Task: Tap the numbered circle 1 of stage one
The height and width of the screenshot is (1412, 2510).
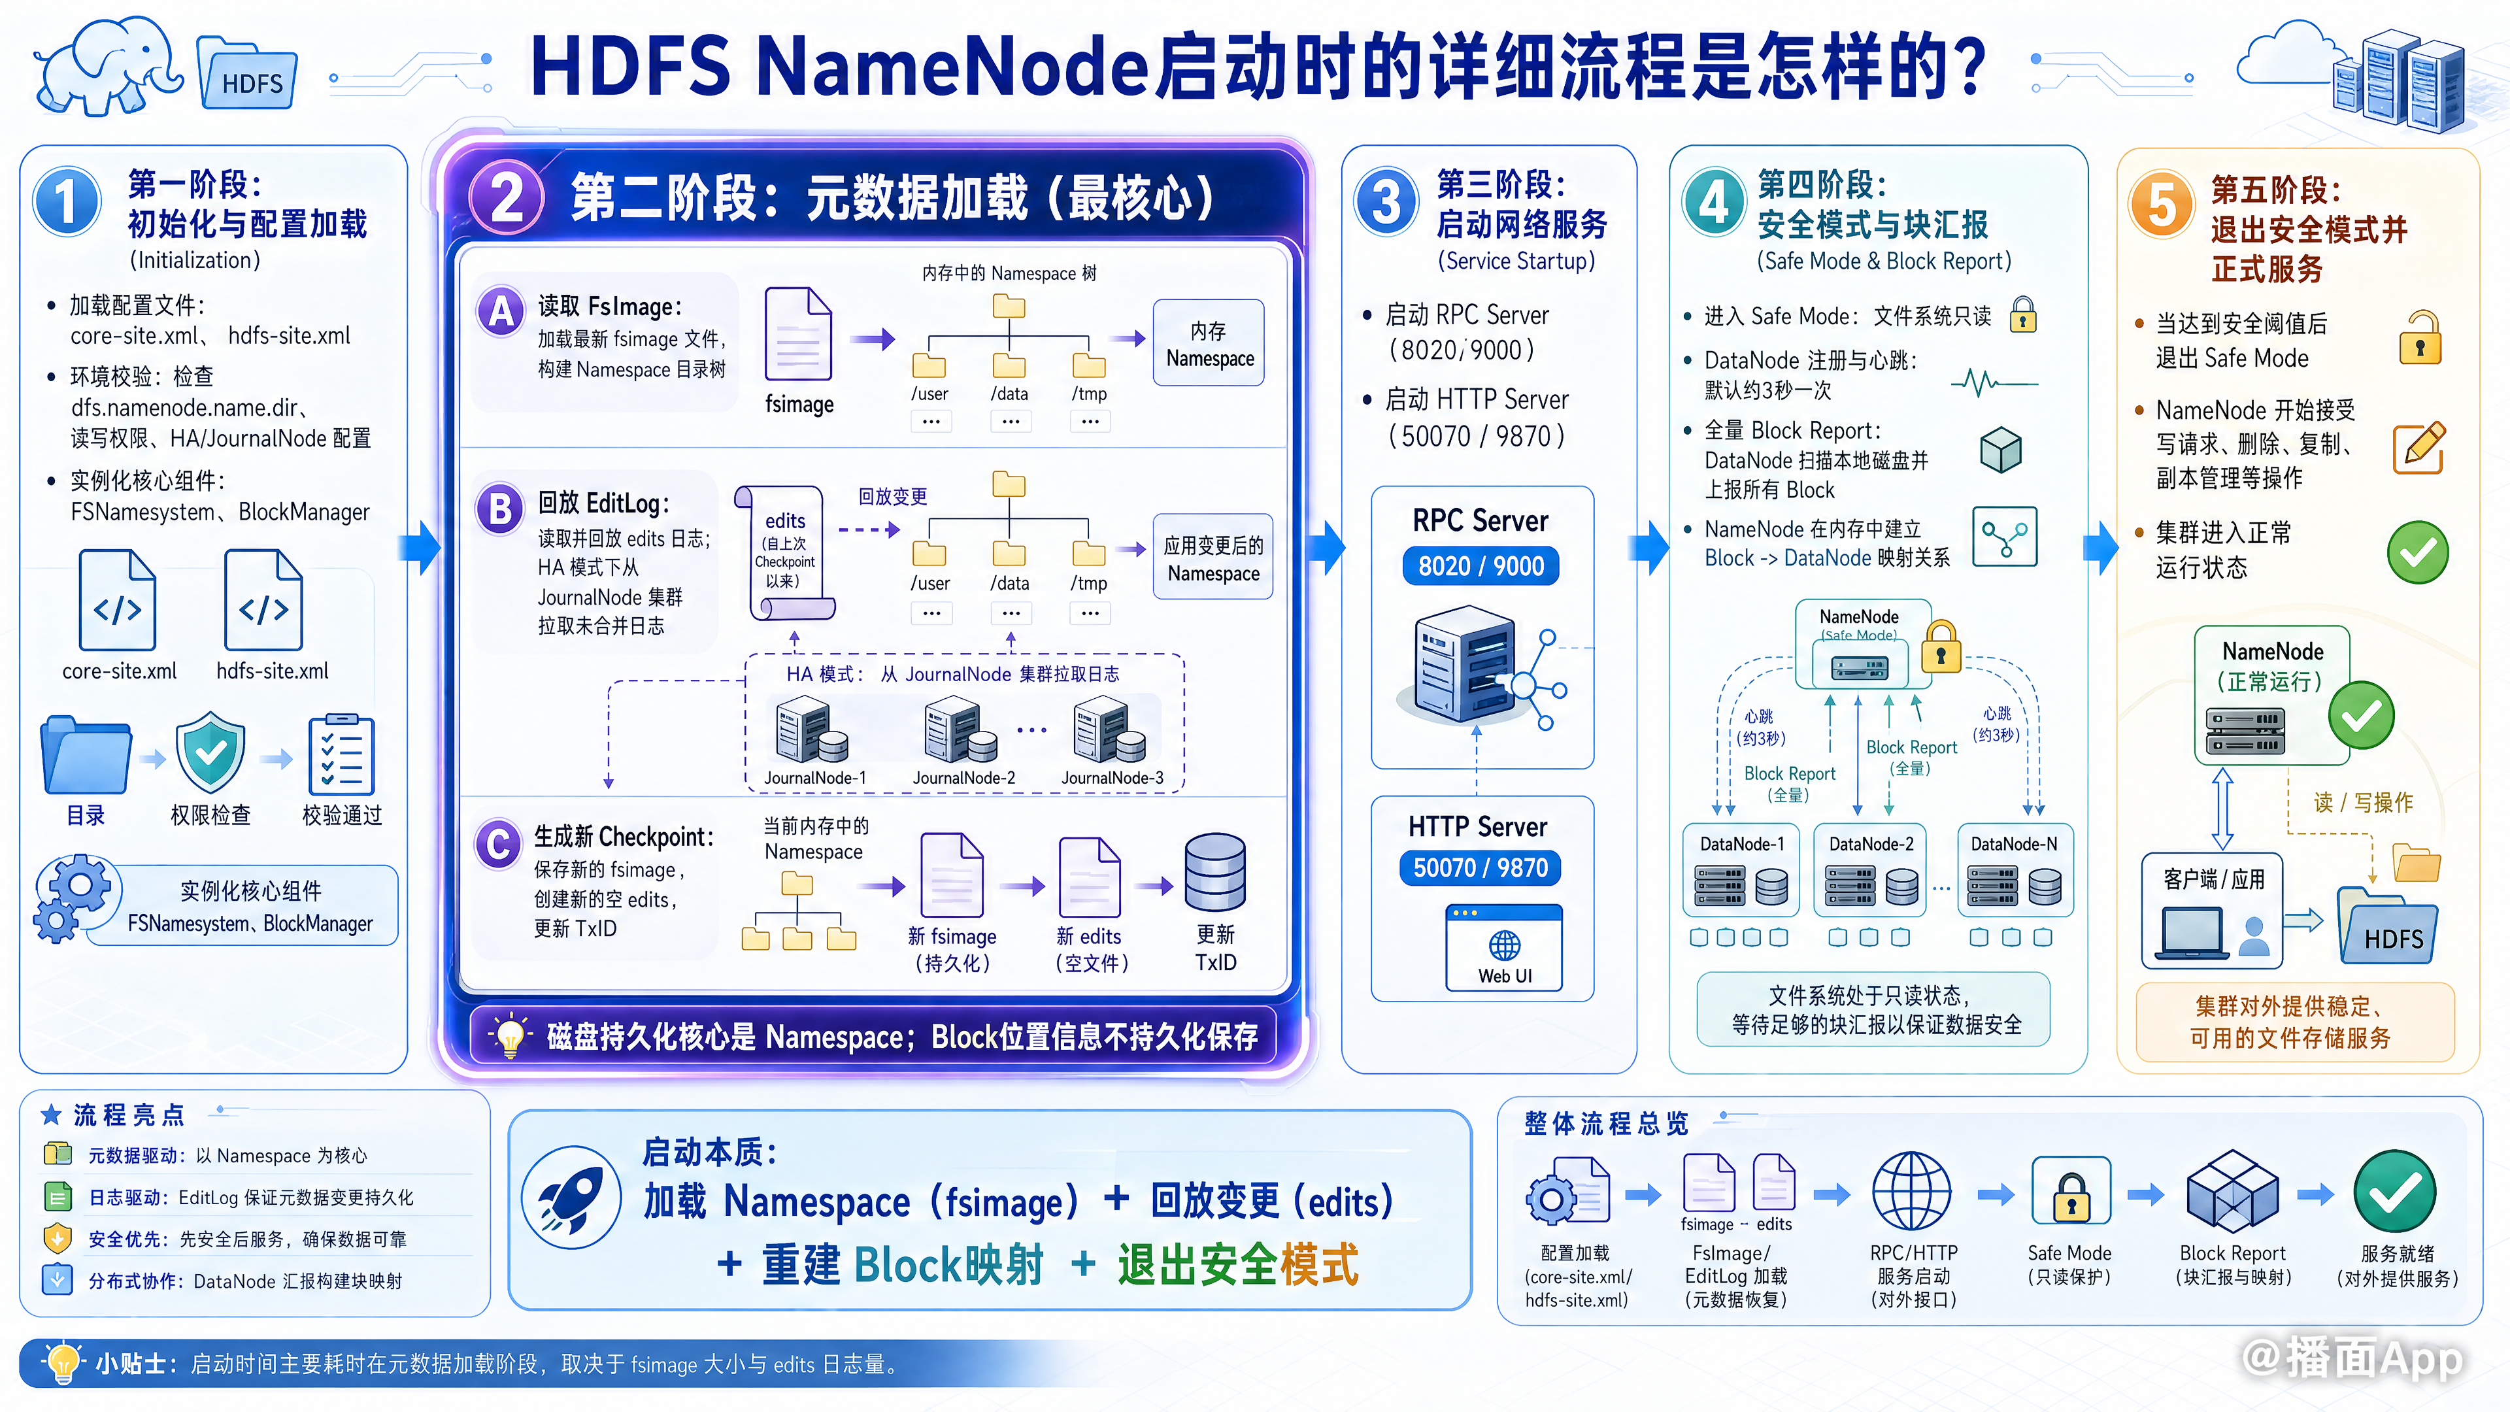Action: tap(66, 202)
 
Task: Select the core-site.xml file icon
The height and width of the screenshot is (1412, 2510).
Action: tap(118, 599)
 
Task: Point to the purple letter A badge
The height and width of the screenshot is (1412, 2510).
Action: tap(501, 312)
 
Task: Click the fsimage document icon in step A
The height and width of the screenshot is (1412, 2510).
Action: tap(798, 334)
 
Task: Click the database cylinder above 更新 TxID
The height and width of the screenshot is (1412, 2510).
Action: tap(1215, 872)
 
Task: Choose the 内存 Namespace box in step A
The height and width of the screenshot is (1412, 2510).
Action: tap(1209, 343)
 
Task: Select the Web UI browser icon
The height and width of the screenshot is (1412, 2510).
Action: tap(1505, 947)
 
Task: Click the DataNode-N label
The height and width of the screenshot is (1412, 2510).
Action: tap(2013, 844)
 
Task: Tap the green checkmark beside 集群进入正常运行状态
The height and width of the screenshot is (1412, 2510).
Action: tap(2417, 552)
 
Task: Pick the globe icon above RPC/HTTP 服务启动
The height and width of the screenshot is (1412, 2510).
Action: tap(1912, 1191)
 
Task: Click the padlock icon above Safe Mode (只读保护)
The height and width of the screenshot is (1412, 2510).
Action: tap(2071, 1191)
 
